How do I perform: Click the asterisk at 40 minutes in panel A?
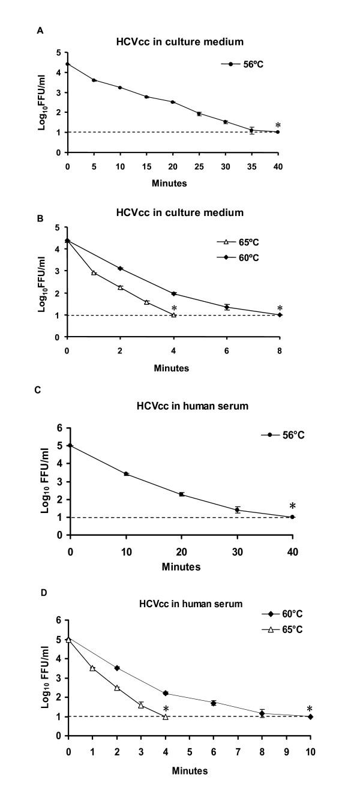[278, 126]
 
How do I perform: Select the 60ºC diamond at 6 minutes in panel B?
[227, 307]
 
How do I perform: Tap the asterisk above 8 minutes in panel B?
[280, 309]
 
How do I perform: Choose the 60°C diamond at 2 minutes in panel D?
[117, 668]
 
